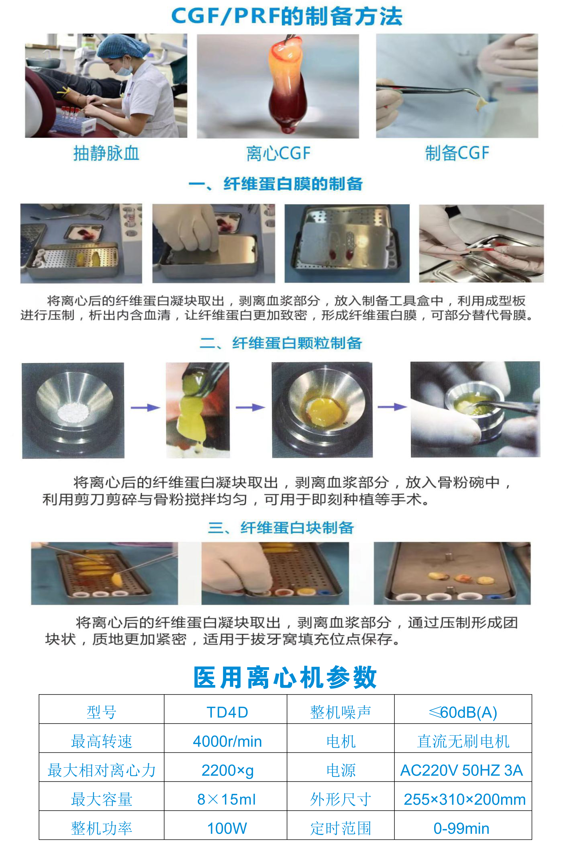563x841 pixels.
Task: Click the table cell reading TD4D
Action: click(x=227, y=712)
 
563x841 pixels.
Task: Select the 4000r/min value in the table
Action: click(x=227, y=741)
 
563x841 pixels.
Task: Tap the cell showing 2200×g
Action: click(x=227, y=770)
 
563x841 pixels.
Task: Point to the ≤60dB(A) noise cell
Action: click(x=463, y=712)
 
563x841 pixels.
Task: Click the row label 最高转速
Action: click(x=102, y=741)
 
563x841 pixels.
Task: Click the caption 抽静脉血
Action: click(x=106, y=153)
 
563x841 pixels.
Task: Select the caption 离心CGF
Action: click(x=278, y=153)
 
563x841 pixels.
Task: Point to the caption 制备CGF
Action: click(x=457, y=153)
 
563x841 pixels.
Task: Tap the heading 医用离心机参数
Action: click(x=285, y=677)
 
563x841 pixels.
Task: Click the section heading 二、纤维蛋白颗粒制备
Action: click(x=281, y=343)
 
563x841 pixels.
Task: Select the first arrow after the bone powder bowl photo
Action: click(x=145, y=408)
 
